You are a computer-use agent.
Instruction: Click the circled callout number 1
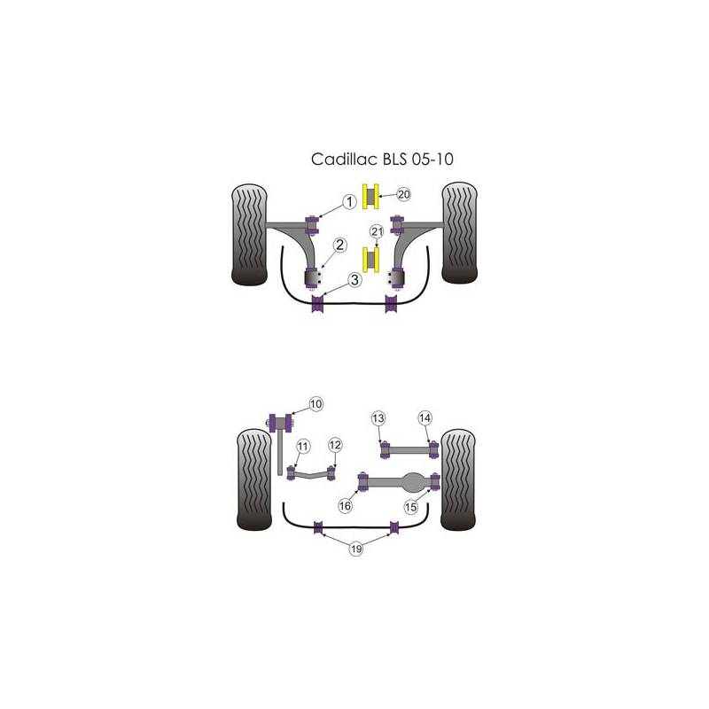pyautogui.click(x=349, y=202)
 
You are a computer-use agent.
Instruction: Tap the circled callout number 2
pyautogui.click(x=340, y=245)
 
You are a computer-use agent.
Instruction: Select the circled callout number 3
pyautogui.click(x=355, y=280)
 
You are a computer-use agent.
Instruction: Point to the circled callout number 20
pyautogui.click(x=404, y=194)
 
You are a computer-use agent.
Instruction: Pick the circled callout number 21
pyautogui.click(x=377, y=231)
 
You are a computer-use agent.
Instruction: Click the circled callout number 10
pyautogui.click(x=316, y=404)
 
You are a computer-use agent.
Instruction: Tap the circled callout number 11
pyautogui.click(x=302, y=447)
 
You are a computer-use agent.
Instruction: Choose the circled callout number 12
pyautogui.click(x=335, y=445)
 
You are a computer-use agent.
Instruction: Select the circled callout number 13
pyautogui.click(x=378, y=418)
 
